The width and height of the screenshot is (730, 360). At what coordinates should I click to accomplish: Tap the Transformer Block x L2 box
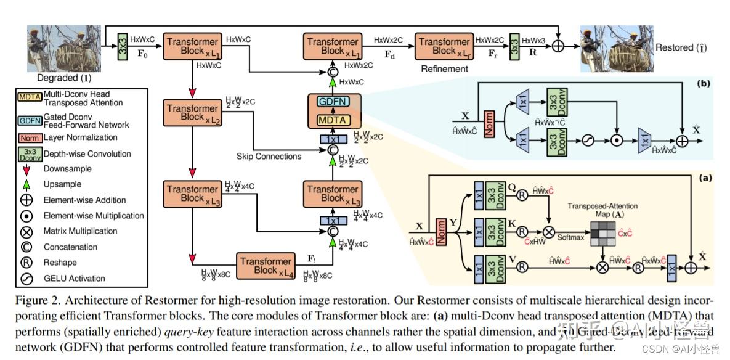[x=192, y=112]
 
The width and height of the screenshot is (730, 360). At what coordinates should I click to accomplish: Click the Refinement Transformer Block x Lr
[x=444, y=46]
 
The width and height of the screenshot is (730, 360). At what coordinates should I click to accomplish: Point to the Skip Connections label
[x=269, y=156]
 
